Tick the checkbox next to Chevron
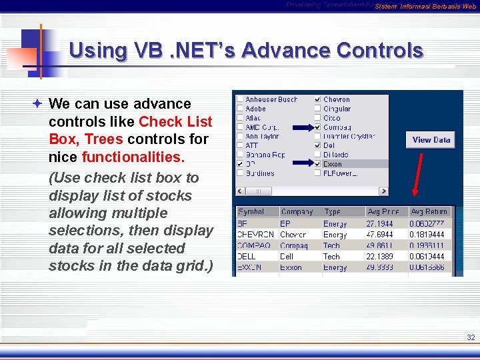317,99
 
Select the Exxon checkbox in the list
317,164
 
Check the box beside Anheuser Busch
239,99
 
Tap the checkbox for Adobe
239,109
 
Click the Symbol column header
251,211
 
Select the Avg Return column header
429,211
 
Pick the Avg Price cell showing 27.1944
380,224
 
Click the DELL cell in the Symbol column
247,257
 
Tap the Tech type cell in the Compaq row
331,246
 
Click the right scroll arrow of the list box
384,191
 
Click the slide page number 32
471,338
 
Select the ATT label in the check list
251,145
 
